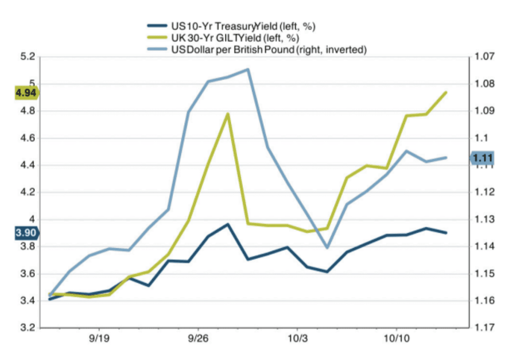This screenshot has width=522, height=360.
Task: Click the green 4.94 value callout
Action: pos(26,93)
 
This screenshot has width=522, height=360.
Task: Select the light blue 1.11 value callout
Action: pos(483,158)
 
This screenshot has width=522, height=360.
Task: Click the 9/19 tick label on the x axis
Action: pos(100,340)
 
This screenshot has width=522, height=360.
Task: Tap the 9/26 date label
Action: pos(199,340)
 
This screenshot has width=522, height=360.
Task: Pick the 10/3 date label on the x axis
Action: pos(297,340)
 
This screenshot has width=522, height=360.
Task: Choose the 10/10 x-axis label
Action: pos(396,340)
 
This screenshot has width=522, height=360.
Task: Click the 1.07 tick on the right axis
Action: pos(484,57)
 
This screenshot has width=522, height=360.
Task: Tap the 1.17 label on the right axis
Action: pos(484,328)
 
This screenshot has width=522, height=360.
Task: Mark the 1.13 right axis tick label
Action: pos(484,220)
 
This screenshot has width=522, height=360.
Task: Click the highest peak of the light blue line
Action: pos(248,69)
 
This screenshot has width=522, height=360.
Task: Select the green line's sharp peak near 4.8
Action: pos(228,114)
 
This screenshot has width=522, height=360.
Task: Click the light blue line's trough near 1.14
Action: pos(327,247)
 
